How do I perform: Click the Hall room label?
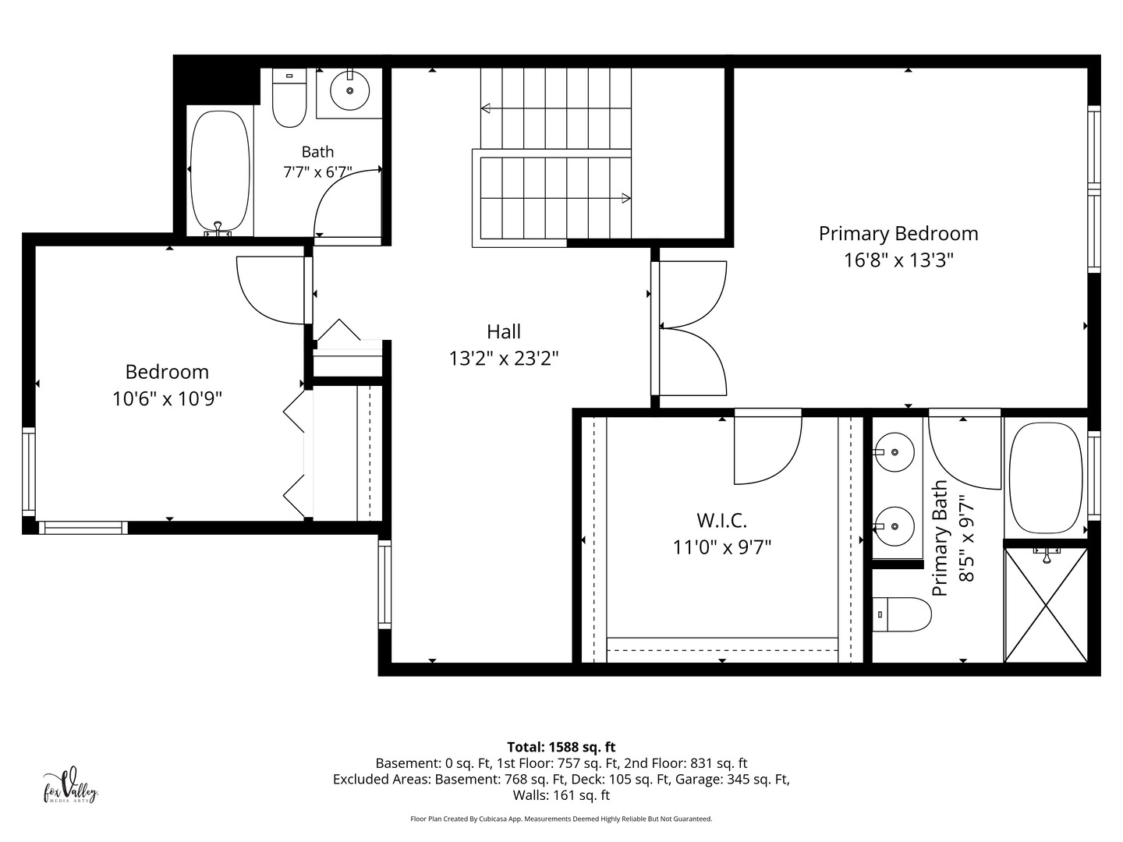[504, 331]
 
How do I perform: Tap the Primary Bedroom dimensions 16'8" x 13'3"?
[898, 260]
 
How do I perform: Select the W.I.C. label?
[721, 521]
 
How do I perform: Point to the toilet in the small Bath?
[289, 97]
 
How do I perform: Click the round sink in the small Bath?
[349, 90]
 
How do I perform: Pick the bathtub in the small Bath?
[220, 172]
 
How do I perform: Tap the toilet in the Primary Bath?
[902, 614]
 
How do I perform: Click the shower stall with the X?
[1046, 605]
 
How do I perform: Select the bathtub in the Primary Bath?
[1046, 478]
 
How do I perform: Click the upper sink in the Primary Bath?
[895, 452]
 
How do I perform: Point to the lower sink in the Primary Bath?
[895, 526]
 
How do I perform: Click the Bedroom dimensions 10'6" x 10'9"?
[168, 398]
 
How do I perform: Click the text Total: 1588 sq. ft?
[561, 747]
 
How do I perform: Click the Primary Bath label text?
[939, 538]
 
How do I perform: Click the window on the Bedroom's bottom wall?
[83, 528]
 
